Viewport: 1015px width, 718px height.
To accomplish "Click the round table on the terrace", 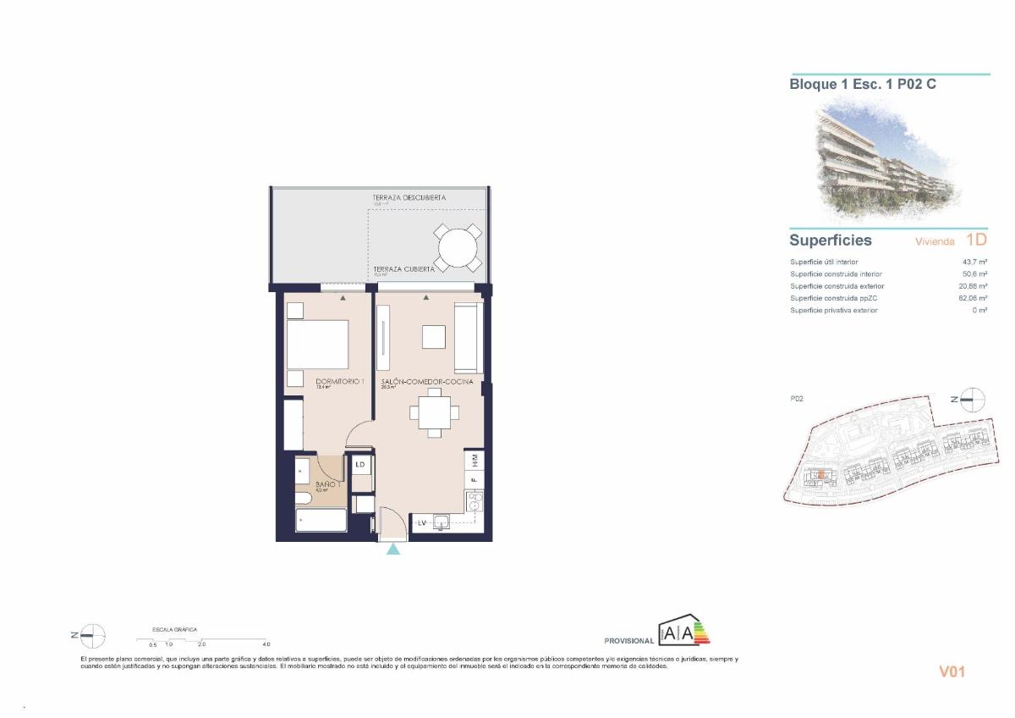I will click(458, 247).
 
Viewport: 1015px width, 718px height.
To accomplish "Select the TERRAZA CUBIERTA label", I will click(404, 268).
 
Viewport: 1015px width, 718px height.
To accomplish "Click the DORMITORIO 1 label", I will click(340, 382).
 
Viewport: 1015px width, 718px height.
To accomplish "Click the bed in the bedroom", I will click(317, 345).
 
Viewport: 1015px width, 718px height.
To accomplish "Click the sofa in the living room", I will click(468, 337).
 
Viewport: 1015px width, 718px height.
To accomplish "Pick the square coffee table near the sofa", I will click(434, 337).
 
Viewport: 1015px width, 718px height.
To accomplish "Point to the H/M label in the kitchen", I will click(475, 461).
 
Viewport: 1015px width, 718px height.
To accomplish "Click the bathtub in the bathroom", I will click(310, 520).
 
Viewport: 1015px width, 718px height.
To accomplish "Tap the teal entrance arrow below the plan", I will click(393, 550).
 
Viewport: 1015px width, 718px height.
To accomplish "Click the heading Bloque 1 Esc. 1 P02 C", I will click(862, 85).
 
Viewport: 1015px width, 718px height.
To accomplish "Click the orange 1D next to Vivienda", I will click(975, 240).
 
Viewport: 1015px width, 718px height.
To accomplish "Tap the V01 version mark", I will click(952, 672).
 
